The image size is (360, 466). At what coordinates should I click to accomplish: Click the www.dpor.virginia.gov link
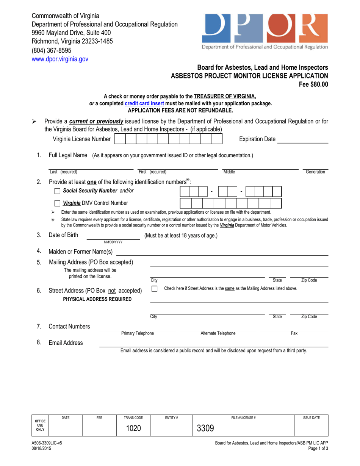(59, 59)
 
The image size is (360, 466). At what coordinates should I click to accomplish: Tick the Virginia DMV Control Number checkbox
(57, 203)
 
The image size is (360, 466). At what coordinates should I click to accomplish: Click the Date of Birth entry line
(113, 236)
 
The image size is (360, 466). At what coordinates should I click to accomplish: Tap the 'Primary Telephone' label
(138, 333)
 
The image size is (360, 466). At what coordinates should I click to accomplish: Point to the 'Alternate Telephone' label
(218, 333)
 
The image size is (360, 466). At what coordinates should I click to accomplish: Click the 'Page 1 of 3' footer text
(317, 448)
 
